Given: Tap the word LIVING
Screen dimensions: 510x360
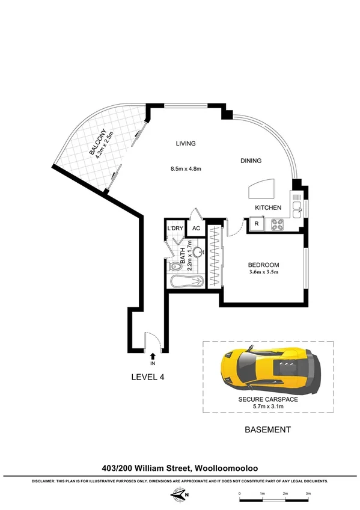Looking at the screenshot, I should [186, 144].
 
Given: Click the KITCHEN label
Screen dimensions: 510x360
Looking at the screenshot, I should [268, 207].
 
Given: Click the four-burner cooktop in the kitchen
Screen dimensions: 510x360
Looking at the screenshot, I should [278, 225].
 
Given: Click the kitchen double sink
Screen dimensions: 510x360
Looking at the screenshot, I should [296, 206].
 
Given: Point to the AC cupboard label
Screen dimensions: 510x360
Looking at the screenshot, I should [195, 229].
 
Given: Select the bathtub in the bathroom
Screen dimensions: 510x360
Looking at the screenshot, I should [186, 281].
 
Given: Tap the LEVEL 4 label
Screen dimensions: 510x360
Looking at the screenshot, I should [148, 378].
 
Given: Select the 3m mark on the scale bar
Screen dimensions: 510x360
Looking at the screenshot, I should [308, 494].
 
